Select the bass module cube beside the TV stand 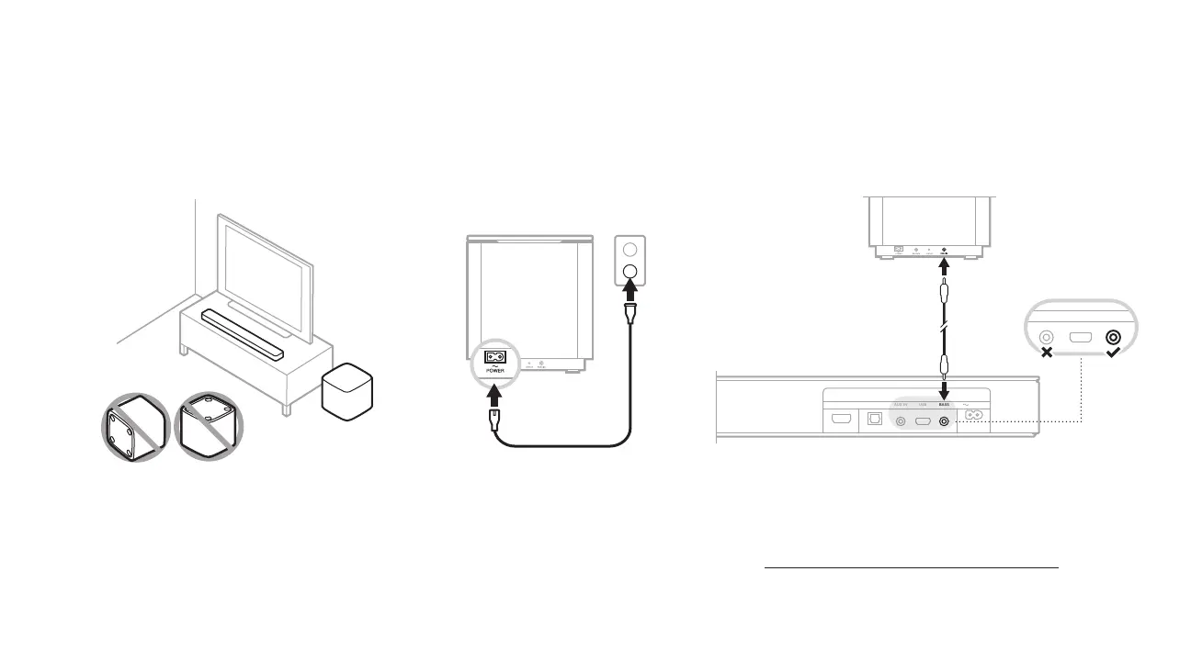[x=347, y=390]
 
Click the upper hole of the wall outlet [x=630, y=249]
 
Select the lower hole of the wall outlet [x=630, y=272]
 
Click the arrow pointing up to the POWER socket [x=495, y=396]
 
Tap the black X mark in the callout [x=1046, y=353]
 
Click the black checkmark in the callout [x=1114, y=353]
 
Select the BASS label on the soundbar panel [x=944, y=404]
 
